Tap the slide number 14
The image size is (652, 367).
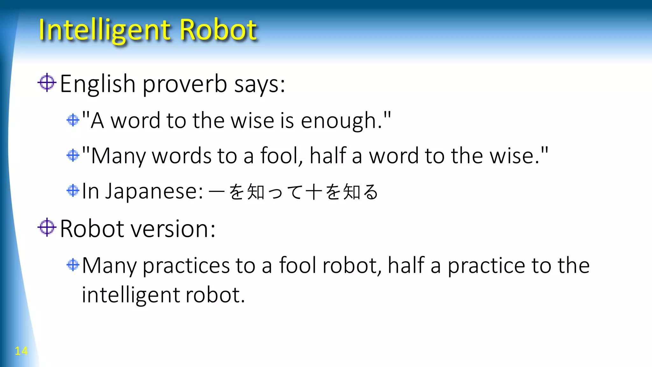[21, 351]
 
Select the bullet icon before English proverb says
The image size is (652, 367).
[47, 83]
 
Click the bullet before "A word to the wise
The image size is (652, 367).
[73, 120]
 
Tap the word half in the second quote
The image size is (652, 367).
[328, 156]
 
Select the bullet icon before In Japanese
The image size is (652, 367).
[73, 191]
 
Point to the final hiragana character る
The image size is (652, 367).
[370, 192]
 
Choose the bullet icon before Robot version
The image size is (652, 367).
[47, 227]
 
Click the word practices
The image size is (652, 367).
[186, 266]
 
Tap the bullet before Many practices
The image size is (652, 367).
[73, 265]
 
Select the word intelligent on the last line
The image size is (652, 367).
[131, 295]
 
